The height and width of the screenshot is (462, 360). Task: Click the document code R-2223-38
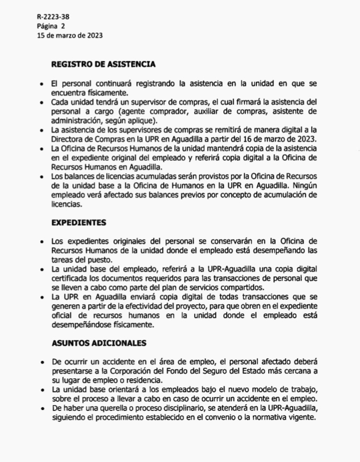53,17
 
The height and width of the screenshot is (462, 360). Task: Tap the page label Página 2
50,26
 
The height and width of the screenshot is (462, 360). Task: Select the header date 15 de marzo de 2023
69,35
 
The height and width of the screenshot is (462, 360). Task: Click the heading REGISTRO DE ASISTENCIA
103,64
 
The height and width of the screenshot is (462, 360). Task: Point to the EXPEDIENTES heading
79,223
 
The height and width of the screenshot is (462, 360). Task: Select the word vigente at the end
302,417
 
